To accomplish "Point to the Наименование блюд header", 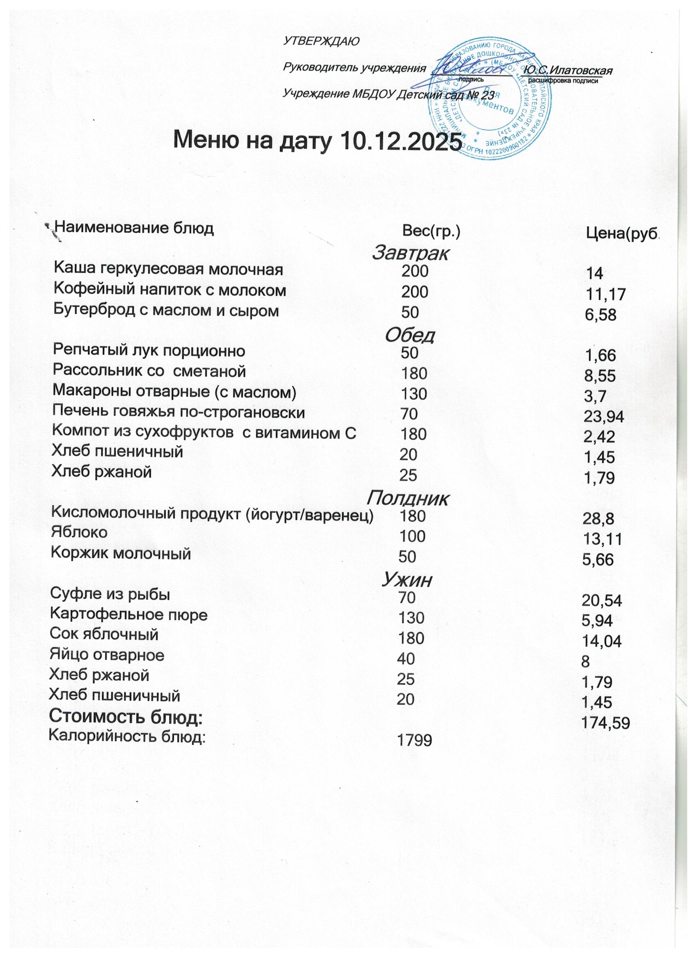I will point(134,229).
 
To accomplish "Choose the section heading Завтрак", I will point(410,253).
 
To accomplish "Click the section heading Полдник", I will point(408,499).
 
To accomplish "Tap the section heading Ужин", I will point(407,581).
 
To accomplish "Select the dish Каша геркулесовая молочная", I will point(168,269).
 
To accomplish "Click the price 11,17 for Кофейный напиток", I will point(605,295).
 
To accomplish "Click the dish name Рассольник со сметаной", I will point(149,371).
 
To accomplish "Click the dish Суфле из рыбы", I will point(110,594).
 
